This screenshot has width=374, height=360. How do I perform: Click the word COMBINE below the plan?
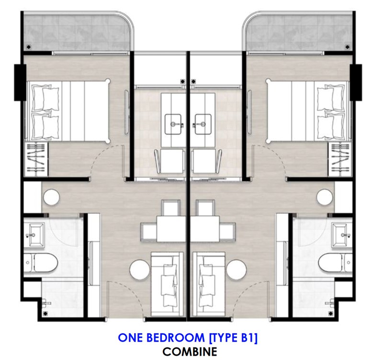[190, 351]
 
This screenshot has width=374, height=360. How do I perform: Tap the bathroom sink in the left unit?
[34, 234]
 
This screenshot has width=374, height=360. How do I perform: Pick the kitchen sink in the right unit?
[203, 124]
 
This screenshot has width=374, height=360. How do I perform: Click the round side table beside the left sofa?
[139, 270]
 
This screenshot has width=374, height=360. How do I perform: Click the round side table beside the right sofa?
[237, 270]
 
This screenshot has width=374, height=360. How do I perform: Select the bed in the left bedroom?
[68, 111]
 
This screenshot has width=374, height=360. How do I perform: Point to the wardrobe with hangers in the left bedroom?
[36, 159]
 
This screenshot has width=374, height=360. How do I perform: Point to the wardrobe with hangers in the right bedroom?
[340, 159]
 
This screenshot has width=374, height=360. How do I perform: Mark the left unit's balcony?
[78, 32]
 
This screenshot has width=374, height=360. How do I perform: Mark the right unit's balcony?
[299, 32]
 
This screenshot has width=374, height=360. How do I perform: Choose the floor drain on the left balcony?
[29, 47]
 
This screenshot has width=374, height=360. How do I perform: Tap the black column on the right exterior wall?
[356, 82]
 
